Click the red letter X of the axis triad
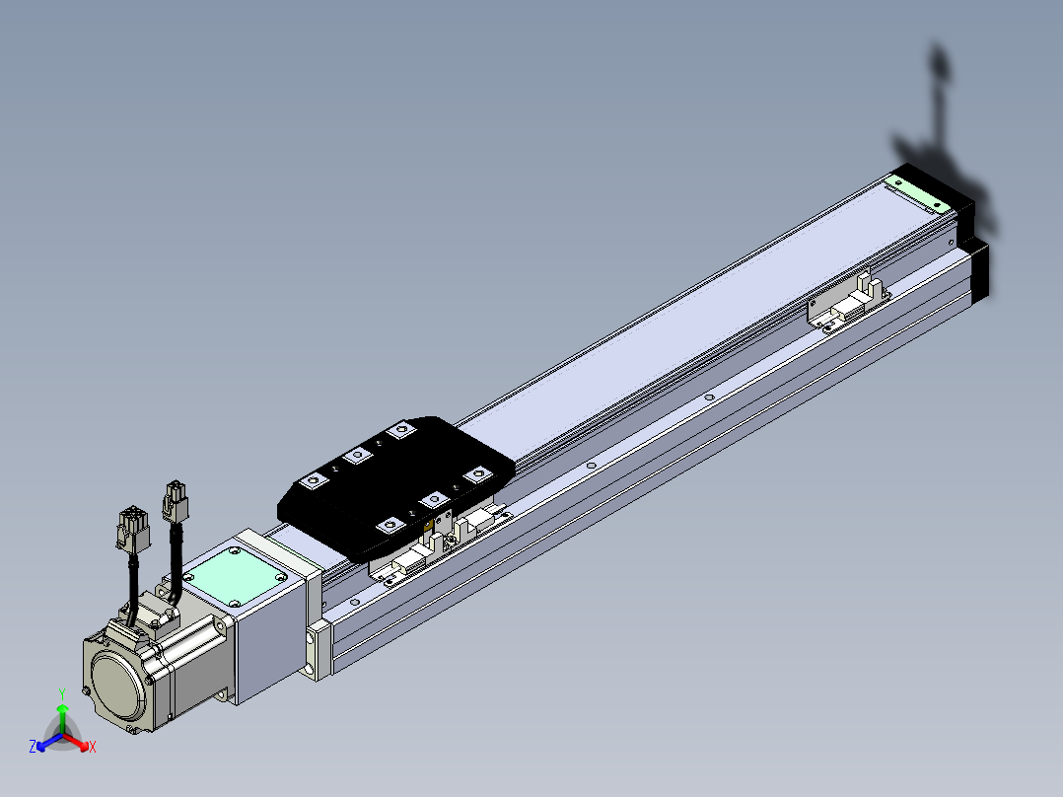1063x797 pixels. [x=93, y=747]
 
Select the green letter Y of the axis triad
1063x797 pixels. [x=62, y=694]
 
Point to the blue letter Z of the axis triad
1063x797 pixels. [x=33, y=746]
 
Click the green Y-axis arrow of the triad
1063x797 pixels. [x=62, y=718]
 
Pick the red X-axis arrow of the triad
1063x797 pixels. [x=76, y=742]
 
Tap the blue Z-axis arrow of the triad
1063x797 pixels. [x=49, y=742]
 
